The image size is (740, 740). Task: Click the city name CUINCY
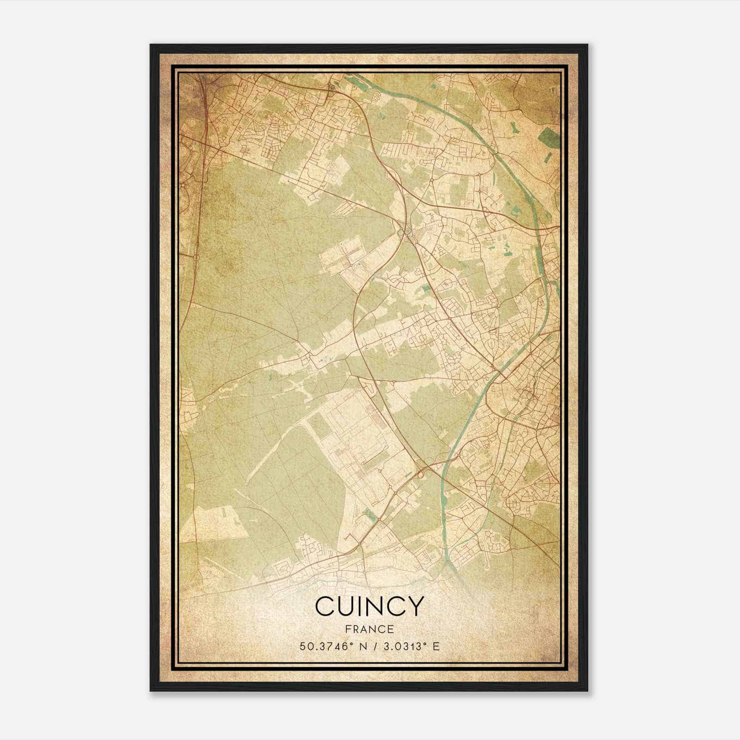(369, 606)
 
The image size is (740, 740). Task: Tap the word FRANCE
(369, 629)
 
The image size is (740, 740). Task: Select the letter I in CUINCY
(359, 606)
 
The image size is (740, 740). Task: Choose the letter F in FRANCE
(348, 629)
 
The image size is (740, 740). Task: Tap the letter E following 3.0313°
(436, 646)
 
